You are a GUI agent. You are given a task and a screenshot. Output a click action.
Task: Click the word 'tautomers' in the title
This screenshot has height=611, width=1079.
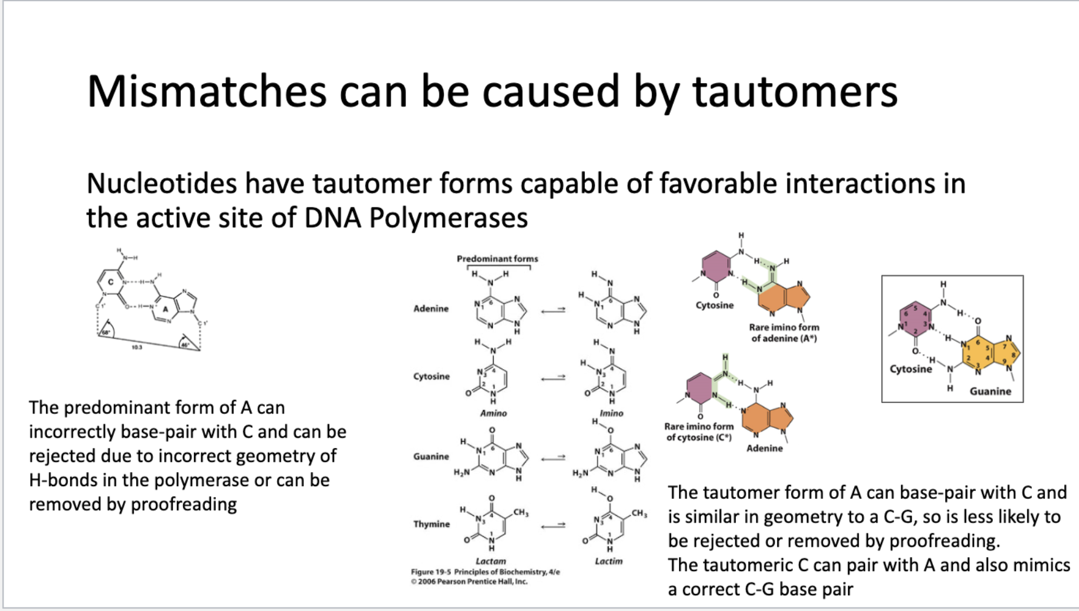(x=795, y=92)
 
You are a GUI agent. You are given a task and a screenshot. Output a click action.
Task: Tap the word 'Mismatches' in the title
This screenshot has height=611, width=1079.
(x=205, y=92)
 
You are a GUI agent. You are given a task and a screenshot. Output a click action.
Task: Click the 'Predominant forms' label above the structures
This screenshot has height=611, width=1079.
(x=497, y=259)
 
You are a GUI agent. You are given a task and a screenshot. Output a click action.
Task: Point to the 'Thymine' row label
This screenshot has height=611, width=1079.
(x=431, y=524)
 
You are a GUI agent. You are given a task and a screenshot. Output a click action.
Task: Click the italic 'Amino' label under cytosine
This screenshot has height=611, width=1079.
(x=493, y=413)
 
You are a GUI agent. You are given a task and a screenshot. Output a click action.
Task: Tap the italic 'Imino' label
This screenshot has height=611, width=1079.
(x=611, y=413)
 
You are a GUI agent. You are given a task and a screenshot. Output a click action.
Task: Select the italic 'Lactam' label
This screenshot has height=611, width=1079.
(x=490, y=561)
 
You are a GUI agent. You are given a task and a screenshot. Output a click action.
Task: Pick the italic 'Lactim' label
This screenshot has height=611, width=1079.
(x=609, y=561)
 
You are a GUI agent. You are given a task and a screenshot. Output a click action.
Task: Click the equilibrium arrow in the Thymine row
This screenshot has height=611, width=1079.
(x=553, y=526)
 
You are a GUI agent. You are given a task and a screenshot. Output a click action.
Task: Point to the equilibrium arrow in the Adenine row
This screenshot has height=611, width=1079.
(x=553, y=310)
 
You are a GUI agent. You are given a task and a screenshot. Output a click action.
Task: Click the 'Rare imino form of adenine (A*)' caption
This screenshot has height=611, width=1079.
(x=784, y=333)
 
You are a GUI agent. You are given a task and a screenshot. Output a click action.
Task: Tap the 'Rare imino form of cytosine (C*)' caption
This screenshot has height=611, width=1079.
(x=699, y=432)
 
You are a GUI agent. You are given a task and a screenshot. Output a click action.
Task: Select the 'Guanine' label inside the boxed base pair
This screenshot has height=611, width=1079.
(x=990, y=392)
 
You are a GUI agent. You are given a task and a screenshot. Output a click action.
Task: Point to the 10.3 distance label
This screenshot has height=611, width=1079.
(x=137, y=347)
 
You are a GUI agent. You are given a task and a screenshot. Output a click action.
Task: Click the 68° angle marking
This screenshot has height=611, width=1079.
(x=105, y=332)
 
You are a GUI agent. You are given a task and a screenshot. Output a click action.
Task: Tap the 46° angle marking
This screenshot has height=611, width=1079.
(x=185, y=344)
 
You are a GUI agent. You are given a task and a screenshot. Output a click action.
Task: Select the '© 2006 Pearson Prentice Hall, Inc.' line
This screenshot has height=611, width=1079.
(x=469, y=582)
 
